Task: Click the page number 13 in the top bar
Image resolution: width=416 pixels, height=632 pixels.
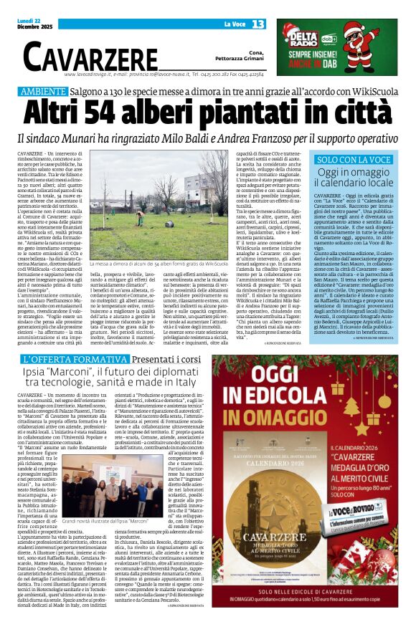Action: (257, 24)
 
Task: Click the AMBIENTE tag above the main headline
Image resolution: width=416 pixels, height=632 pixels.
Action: (42, 92)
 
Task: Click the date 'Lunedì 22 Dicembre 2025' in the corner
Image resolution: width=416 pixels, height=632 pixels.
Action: (34, 25)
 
